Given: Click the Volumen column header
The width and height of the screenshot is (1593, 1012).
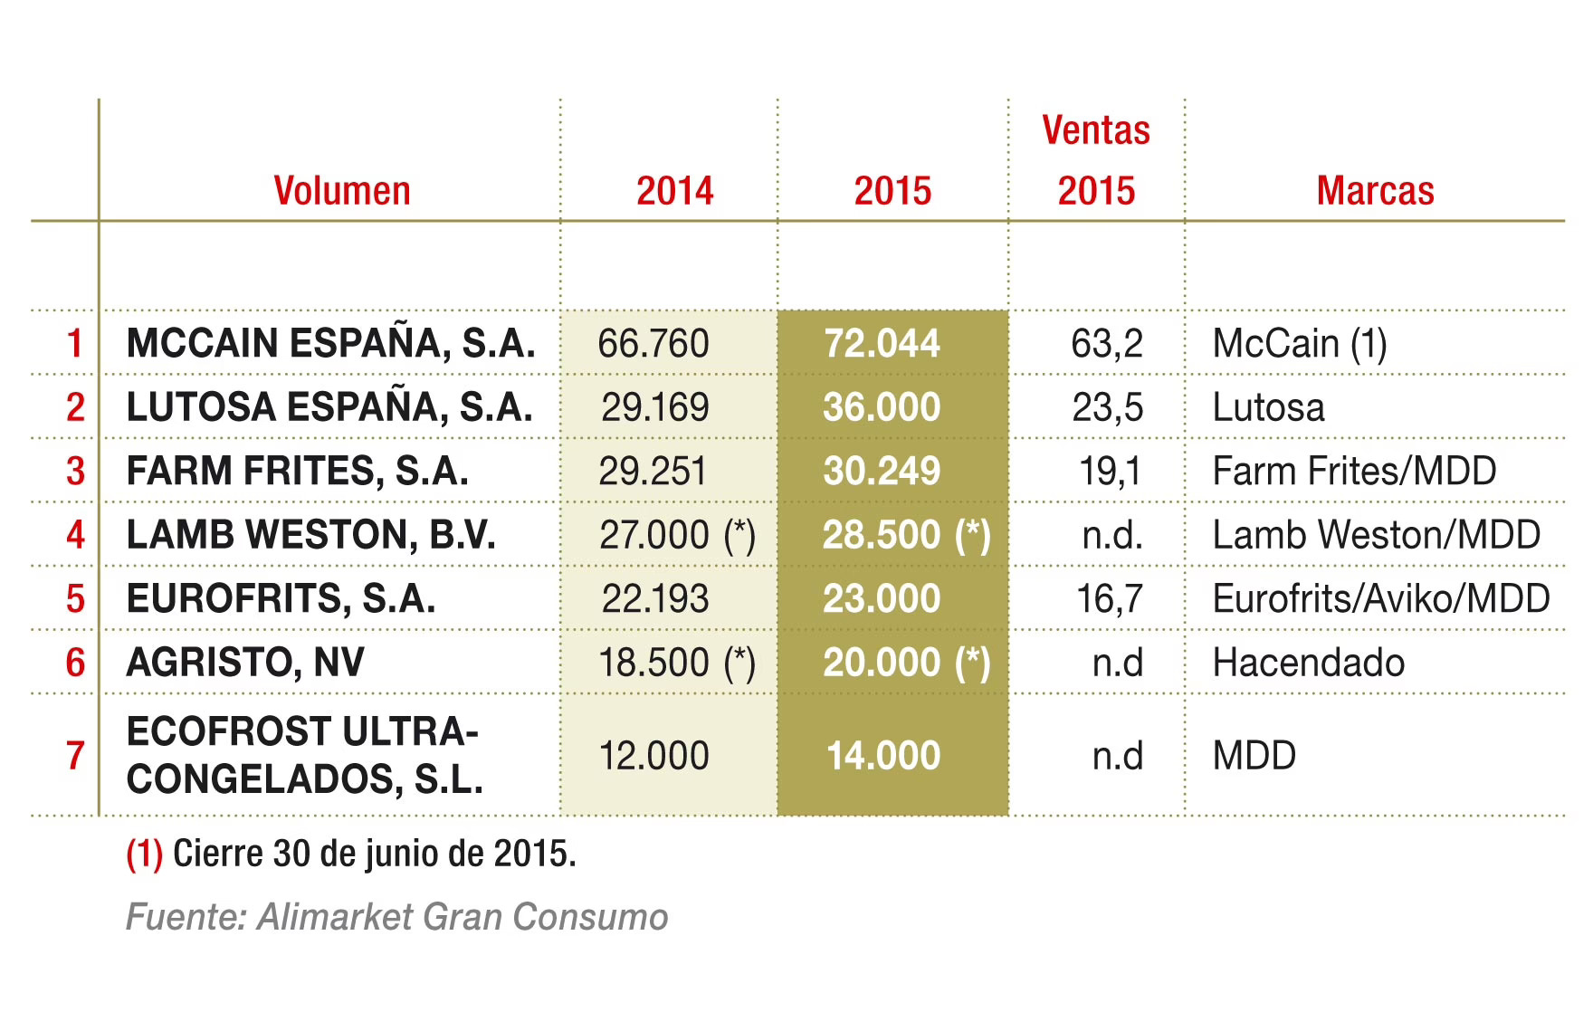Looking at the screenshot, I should tap(342, 191).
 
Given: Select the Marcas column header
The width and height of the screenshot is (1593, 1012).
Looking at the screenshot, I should tap(1375, 191).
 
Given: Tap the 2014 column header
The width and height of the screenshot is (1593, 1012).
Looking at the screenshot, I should tap(674, 191).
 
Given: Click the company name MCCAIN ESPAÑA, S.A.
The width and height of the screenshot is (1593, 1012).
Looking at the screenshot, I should tap(330, 343).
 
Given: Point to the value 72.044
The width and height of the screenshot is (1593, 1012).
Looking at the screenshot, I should tap(882, 344).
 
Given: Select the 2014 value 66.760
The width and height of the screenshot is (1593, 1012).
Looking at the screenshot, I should tap(653, 344).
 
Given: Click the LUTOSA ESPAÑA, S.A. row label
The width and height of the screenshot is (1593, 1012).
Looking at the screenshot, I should tap(329, 407).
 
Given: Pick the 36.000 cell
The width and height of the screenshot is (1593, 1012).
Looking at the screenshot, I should tap(882, 407).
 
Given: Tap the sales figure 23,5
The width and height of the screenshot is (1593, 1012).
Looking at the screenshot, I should tap(1107, 407).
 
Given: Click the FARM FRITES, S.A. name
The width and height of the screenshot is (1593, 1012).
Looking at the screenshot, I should tap(298, 471).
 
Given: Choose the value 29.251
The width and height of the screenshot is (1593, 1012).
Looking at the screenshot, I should tap(653, 472).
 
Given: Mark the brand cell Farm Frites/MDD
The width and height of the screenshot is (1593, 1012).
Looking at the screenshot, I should tap(1354, 471).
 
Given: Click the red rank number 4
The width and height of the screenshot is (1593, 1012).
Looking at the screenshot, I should tap(76, 535).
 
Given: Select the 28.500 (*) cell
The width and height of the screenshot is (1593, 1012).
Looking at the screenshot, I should tap(906, 535).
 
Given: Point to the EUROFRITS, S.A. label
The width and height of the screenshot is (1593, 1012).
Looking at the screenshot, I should tap(281, 598).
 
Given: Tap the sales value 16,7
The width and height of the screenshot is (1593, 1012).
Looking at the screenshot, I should tap(1109, 599).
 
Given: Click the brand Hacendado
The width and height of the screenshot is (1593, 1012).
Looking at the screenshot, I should tap(1308, 663).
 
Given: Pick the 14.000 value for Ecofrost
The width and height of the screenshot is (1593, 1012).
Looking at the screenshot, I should tap(883, 756).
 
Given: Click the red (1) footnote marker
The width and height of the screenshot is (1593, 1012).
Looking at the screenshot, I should tap(144, 854).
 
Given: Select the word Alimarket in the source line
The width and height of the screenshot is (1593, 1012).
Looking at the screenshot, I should tap(335, 917).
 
